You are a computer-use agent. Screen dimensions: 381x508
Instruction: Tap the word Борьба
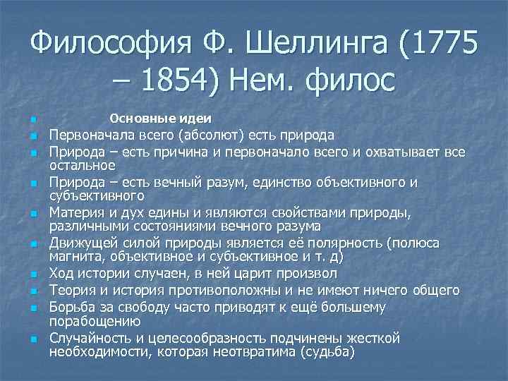71,307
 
